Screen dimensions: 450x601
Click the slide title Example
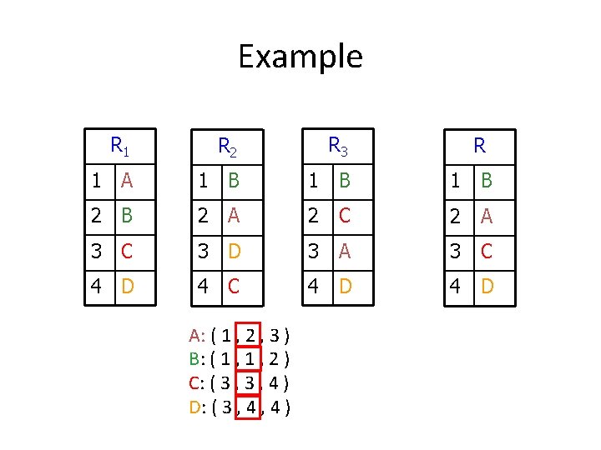[300, 57]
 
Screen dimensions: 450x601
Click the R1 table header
[120, 147]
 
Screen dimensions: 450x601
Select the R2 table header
[227, 148]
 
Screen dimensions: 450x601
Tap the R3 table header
[337, 147]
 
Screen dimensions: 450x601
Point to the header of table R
[480, 147]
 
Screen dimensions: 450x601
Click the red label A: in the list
[197, 337]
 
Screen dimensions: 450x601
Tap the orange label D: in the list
[197, 407]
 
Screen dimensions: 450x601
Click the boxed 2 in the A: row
[250, 337]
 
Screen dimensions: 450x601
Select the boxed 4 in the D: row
[250, 407]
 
